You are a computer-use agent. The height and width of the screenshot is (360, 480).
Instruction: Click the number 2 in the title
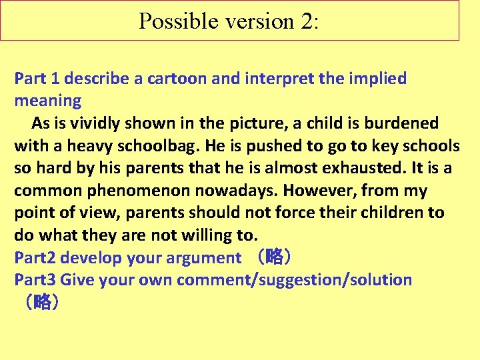pos(307,21)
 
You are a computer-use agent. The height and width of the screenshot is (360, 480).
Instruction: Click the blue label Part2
pos(35,258)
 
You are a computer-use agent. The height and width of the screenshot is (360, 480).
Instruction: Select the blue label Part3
pos(35,280)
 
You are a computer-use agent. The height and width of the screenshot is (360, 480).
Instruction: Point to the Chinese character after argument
pos(274,258)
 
